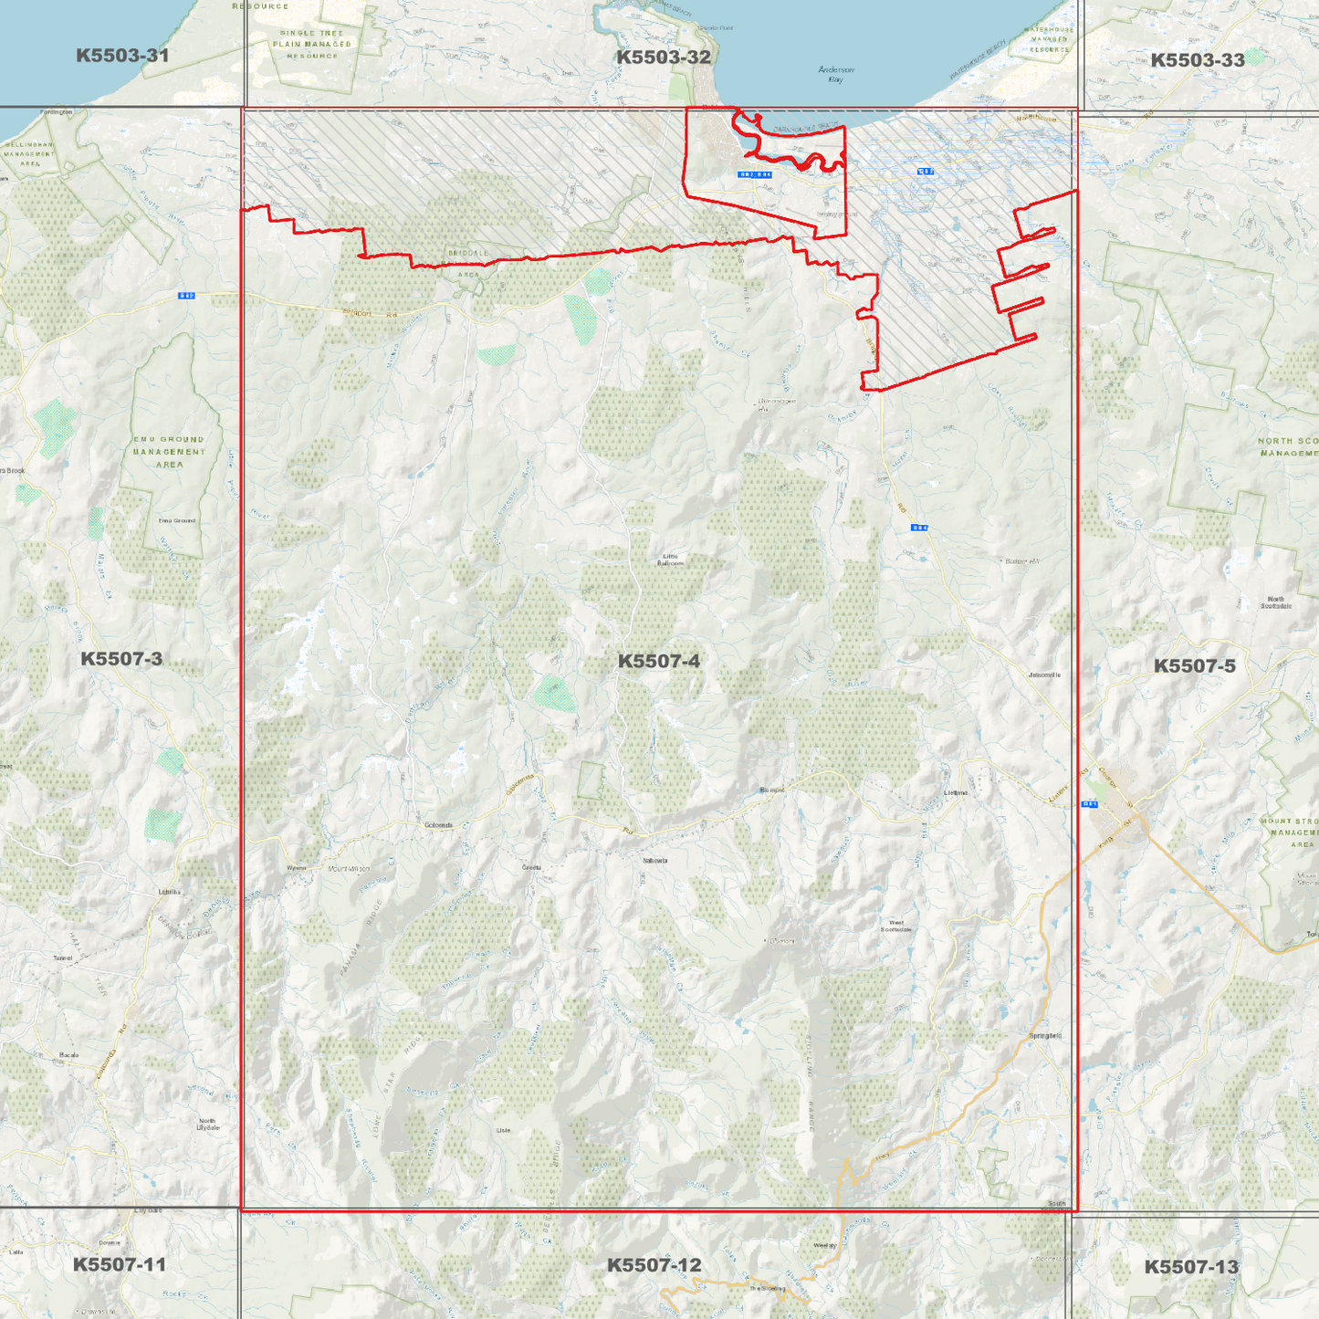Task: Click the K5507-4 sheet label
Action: [658, 661]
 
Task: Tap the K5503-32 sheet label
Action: [663, 57]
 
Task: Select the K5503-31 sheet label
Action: [122, 56]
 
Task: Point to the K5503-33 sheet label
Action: [1197, 60]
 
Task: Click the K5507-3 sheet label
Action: [121, 658]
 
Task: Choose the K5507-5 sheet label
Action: [1194, 665]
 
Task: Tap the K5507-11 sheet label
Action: [119, 1264]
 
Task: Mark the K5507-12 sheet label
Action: [654, 1264]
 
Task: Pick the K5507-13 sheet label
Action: [1191, 1267]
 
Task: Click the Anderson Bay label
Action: [835, 74]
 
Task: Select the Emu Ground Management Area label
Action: [169, 452]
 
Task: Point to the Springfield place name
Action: [1045, 1035]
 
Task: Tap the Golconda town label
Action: [438, 825]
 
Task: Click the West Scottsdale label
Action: [895, 926]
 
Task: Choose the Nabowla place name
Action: [654, 860]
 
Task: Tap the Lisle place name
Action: [503, 1130]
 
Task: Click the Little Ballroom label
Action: [670, 560]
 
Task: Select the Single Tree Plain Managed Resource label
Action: [312, 44]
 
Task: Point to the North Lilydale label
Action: [207, 1124]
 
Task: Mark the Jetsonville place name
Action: [1044, 675]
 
